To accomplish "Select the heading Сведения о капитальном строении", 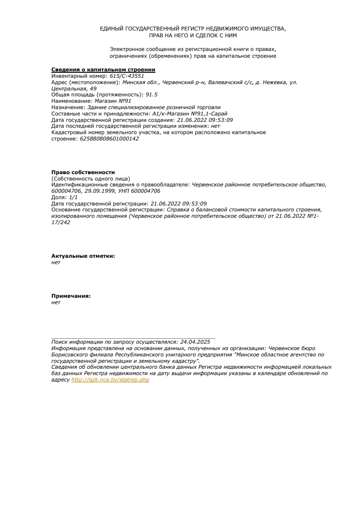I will (103, 70).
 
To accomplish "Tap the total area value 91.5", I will (151, 95).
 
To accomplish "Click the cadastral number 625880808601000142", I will (109, 139).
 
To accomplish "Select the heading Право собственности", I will (83, 172).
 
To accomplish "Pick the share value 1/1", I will (73, 197).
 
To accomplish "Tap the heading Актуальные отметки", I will (83, 256).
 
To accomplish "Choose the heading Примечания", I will (71, 296).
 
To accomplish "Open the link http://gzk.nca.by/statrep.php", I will (110, 380).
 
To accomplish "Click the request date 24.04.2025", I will (195, 341).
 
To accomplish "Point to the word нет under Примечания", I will (56, 302).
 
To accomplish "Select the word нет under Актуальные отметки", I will (56, 262).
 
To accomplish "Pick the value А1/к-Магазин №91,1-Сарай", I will (190, 114).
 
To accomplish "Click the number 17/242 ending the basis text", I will (61, 222).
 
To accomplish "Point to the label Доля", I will (59, 197).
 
